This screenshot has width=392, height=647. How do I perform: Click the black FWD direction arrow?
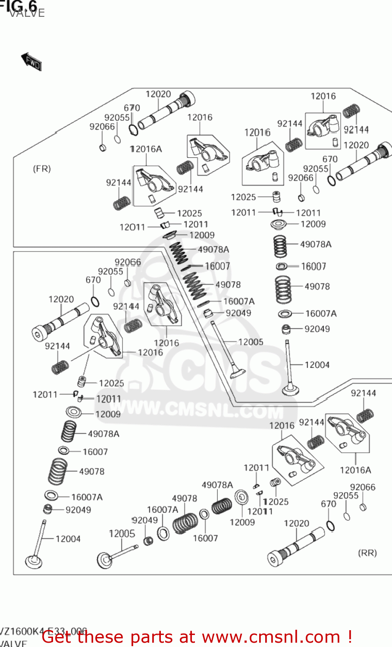coord(31,62)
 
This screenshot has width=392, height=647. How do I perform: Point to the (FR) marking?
coord(42,169)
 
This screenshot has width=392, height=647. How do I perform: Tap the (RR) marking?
coord(367,553)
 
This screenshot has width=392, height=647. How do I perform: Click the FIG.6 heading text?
coord(19,5)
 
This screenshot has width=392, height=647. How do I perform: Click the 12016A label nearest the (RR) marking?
coord(355,470)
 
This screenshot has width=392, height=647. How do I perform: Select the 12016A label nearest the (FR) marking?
coord(146,149)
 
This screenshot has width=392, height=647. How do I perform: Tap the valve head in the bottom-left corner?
coord(34,562)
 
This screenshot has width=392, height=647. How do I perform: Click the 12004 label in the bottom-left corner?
coord(68,539)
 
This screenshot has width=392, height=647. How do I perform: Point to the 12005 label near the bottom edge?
coord(122,534)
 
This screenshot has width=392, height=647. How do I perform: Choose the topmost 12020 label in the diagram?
coord(158,94)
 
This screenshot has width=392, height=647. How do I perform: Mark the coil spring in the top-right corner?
coord(351,111)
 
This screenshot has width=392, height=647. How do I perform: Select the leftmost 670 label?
coord(93,280)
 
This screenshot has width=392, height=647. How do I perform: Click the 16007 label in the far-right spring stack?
coord(313,267)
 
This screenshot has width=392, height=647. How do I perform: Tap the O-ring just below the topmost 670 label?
coord(134,129)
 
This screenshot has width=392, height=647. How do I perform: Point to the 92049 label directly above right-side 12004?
coord(317,329)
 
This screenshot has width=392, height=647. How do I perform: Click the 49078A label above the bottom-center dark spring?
coord(217,485)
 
